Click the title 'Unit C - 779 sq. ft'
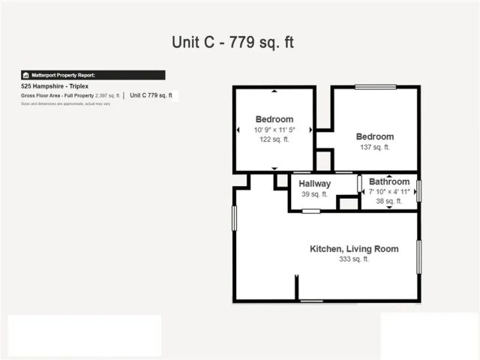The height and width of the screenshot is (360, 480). point(232,42)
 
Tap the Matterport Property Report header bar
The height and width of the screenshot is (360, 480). point(93,75)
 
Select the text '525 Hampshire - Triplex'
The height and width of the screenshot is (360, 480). point(55,86)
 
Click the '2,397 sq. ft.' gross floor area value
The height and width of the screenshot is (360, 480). point(107,95)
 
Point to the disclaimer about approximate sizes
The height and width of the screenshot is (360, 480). point(65,103)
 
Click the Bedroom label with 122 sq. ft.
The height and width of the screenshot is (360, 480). point(274,119)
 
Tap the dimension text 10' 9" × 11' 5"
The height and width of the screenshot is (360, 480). point(274,130)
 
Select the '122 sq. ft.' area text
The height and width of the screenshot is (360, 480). point(274,140)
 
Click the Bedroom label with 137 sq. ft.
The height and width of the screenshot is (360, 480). point(374,136)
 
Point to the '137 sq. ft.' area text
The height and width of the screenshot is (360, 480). point(374,148)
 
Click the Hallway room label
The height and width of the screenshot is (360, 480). point(314,184)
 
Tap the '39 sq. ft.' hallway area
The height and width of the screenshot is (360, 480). point(315,194)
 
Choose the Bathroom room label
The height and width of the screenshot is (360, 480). point(389,181)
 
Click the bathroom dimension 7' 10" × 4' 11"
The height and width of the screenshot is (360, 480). point(389,191)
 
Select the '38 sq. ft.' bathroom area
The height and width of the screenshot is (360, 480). point(389,201)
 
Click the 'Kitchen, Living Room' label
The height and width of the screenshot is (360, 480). point(354,249)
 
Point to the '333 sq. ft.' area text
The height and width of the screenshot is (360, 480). point(354,259)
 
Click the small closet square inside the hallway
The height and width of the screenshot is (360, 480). point(347,203)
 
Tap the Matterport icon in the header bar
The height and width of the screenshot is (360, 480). point(25,75)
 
